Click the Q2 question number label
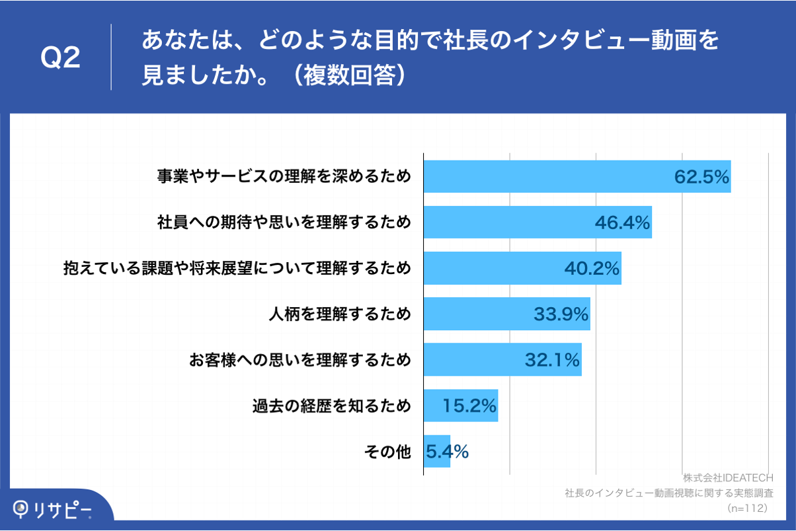click(60, 58)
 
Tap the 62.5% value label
click(701, 177)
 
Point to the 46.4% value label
click(622, 223)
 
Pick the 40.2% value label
click(592, 268)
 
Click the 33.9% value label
click(561, 314)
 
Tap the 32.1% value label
click(552, 360)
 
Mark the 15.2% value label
click(469, 406)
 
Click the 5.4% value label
click(447, 452)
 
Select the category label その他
click(387, 452)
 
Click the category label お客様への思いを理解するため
click(299, 360)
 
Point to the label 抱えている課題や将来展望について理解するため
click(237, 268)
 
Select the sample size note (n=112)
click(746, 508)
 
